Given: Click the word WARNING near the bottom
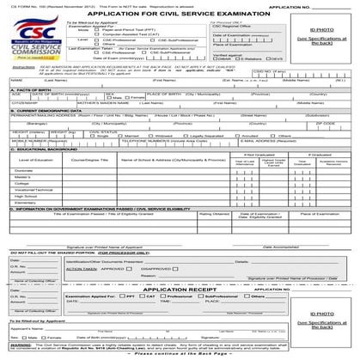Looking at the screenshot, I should [x=20, y=343].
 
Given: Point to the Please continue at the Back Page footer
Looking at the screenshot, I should [x=180, y=354].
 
